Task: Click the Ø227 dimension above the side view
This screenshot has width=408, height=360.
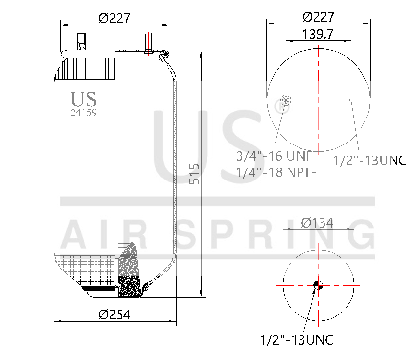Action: point(114,18)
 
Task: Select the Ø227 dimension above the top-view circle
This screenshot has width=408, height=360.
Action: point(318,17)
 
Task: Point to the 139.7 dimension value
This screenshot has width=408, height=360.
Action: point(318,35)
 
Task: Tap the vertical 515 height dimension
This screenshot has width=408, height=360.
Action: point(194,173)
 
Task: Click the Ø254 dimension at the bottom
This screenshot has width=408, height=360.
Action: point(114,314)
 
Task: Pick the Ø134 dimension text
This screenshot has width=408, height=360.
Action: point(317,223)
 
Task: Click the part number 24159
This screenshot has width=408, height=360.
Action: point(84,113)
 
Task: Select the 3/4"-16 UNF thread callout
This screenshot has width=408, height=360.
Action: point(274,156)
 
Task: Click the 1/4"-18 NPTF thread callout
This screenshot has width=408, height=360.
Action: point(276,172)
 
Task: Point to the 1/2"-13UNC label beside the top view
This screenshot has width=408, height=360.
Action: point(370,160)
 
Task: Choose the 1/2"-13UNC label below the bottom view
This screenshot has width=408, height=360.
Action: point(296,340)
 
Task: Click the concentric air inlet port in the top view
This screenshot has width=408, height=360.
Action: point(286,100)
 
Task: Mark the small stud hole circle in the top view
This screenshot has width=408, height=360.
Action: point(351,100)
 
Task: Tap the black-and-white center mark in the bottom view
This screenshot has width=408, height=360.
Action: point(318,285)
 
